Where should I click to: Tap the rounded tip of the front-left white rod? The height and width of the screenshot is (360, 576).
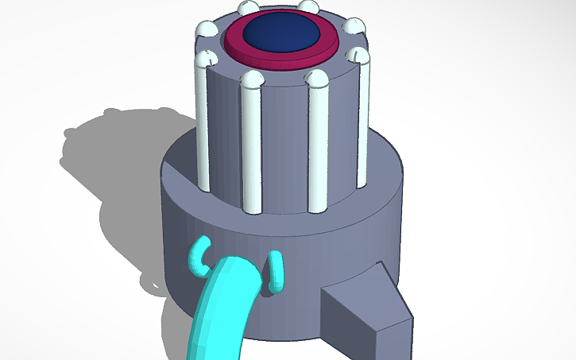pos(251,79)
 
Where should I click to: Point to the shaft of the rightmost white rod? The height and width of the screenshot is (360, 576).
pos(364,119)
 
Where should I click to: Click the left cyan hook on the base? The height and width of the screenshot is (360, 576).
pos(197,256)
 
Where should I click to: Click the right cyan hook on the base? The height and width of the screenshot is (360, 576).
pos(276,270)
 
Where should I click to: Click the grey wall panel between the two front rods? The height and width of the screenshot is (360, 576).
pos(284,143)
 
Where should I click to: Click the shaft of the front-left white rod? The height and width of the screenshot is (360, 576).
pos(252,143)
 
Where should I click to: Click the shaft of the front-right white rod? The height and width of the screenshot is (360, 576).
pos(317,143)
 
